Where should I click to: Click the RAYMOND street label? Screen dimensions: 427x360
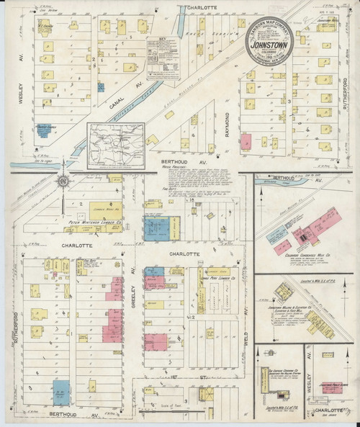(225, 115)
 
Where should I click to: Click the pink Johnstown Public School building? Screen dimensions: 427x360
(333, 387)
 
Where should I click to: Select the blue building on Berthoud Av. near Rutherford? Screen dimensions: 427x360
(64, 392)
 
